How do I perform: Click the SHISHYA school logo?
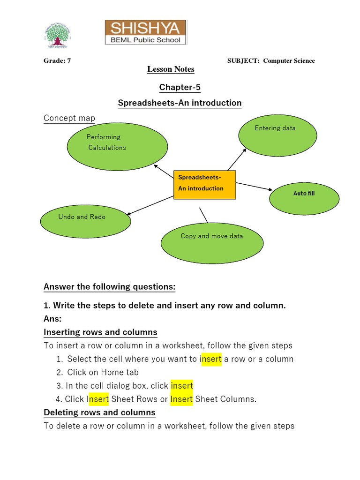click(145, 32)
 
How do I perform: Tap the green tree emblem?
click(57, 37)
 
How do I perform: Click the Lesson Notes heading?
click(171, 69)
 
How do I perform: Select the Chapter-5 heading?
click(180, 87)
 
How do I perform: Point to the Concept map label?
click(69, 118)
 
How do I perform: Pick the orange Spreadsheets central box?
click(205, 185)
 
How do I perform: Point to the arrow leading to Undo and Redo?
click(150, 205)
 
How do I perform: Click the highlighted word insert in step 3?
click(182, 386)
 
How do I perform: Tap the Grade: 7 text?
click(57, 61)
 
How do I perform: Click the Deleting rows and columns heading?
click(99, 412)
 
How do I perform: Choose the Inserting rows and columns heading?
click(100, 332)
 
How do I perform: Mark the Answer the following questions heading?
click(109, 286)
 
